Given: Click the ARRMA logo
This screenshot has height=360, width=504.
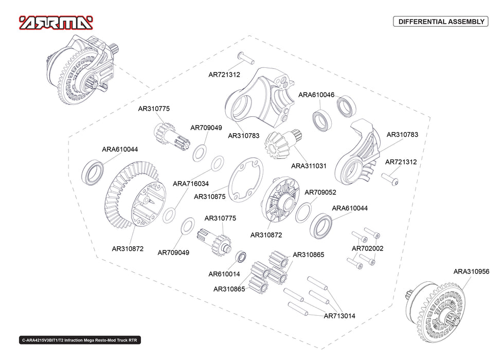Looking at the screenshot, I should coord(56,22).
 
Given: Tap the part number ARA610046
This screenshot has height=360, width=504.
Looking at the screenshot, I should coord(316,95).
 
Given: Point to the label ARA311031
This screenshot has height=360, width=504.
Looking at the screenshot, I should coord(309,166).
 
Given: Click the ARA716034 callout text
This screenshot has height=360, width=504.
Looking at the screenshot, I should coord(190,183).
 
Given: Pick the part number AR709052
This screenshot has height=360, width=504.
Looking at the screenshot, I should coord(320,192).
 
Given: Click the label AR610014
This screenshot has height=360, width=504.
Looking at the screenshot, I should coord(224,274).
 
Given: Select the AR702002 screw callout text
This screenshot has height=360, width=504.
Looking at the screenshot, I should coord(367,248).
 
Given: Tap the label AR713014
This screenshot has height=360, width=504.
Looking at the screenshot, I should coord(339,316).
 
